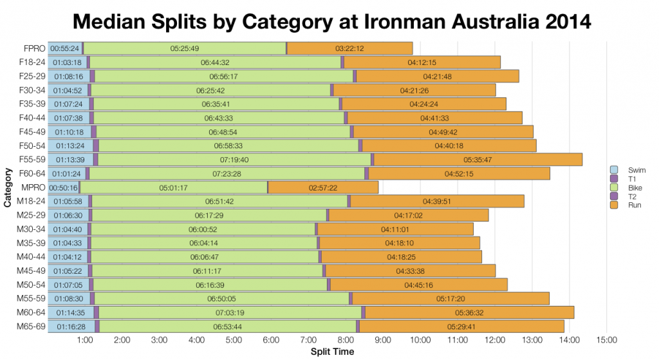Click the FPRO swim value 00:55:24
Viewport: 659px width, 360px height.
[x=65, y=48]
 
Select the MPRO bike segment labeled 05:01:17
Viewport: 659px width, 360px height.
[x=173, y=188]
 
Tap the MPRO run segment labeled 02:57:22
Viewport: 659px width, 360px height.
[x=323, y=188]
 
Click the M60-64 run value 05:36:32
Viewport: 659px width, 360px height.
[x=469, y=313]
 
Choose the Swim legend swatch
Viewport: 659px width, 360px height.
[x=613, y=169]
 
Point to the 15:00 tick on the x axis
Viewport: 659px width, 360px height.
[x=607, y=340]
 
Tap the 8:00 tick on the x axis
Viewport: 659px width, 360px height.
[x=346, y=340]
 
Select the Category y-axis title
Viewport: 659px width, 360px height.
[x=7, y=187]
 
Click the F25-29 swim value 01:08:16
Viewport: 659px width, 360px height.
[x=68, y=76]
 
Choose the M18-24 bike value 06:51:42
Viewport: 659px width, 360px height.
[x=219, y=202]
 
